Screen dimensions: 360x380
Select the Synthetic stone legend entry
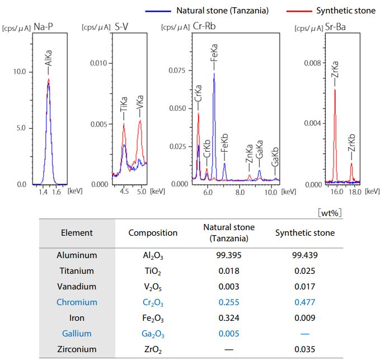337,11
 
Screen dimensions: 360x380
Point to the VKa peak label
140,105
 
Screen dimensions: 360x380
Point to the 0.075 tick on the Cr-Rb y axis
177,70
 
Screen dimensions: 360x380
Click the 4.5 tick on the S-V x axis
124,191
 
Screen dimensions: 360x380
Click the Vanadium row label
77,286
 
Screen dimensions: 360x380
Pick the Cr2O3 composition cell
152,302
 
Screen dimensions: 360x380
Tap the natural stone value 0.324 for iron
228,317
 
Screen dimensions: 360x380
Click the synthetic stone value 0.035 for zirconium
306,349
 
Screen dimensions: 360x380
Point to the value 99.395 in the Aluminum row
228,255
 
